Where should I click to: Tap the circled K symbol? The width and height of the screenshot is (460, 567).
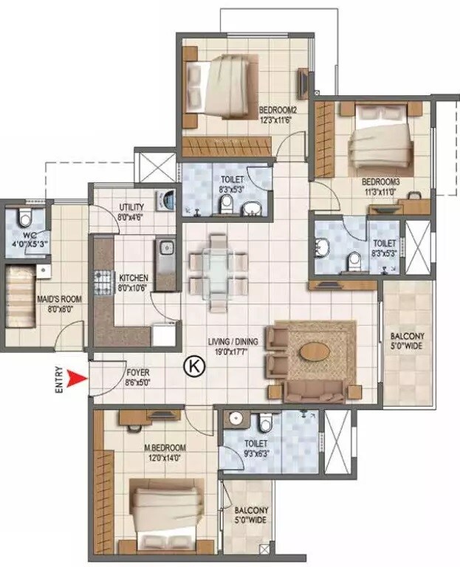pos(193,364)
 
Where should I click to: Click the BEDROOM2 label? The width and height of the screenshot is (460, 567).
pos(278,111)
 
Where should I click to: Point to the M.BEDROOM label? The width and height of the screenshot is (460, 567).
pos(165,448)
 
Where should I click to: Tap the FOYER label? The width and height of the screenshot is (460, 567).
pos(138,373)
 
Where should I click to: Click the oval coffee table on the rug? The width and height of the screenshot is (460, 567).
pos(316,350)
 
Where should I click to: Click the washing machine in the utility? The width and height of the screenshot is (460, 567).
pos(167,200)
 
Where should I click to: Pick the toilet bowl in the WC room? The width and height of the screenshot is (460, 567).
pos(25,217)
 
